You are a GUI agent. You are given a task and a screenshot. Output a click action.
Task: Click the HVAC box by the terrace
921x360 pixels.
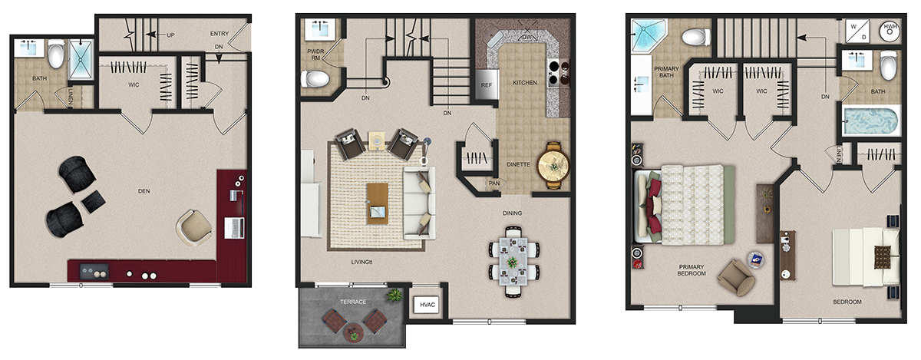point(427,305)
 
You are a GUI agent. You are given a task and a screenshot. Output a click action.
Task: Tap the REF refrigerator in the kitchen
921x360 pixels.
point(487,84)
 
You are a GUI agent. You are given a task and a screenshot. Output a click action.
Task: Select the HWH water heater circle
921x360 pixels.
point(890,30)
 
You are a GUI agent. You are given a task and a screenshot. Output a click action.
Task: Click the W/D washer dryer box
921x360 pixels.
point(858,31)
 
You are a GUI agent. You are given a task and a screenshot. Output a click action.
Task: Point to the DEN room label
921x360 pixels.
point(144,191)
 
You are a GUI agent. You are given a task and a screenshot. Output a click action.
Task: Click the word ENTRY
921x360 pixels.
point(220,34)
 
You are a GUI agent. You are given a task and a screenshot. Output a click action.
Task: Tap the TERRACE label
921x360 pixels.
point(353,302)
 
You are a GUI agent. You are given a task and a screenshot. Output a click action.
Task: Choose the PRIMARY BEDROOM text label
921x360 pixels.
point(692,270)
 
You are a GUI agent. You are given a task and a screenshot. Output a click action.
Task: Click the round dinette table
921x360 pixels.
point(553,165)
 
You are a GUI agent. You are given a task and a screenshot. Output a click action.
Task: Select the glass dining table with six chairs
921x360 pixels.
point(513,261)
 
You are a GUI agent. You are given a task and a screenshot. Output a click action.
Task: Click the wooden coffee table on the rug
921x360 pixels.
point(378,203)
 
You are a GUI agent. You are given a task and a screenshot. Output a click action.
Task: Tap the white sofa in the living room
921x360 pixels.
point(419,203)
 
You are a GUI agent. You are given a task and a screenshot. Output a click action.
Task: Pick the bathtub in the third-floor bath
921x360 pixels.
point(871,121)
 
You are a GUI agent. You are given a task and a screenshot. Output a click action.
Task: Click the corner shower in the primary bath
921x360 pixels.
point(649,35)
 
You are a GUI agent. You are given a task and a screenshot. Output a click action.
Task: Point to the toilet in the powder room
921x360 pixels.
point(315,79)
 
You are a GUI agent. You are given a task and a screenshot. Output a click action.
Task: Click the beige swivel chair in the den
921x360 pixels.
point(193,228)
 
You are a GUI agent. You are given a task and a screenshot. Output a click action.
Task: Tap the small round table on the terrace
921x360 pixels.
point(354,333)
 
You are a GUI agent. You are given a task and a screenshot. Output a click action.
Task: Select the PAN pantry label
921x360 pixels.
point(494,183)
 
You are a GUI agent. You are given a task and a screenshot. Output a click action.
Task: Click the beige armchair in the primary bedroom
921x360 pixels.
point(736,277)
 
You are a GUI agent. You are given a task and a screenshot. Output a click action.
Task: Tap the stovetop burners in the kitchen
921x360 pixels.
point(559,73)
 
